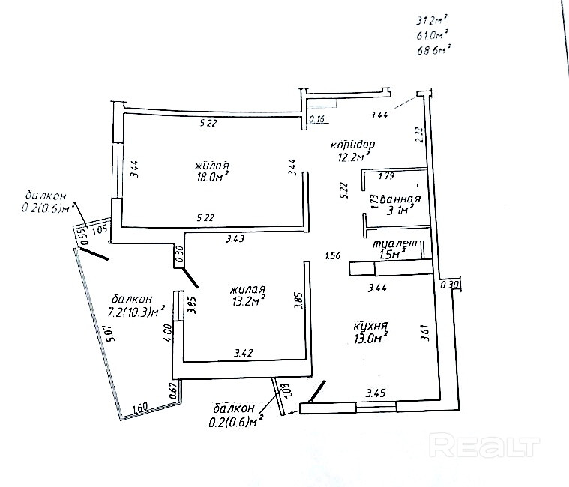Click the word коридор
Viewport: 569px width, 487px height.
[352, 144]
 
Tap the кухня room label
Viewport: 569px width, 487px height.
[370, 327]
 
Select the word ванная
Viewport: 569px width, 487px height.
[400, 199]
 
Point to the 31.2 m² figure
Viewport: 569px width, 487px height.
[432, 21]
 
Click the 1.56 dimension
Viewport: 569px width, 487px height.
[333, 255]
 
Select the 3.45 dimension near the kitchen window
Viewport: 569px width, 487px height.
[375, 392]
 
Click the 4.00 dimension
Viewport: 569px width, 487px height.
[169, 330]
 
